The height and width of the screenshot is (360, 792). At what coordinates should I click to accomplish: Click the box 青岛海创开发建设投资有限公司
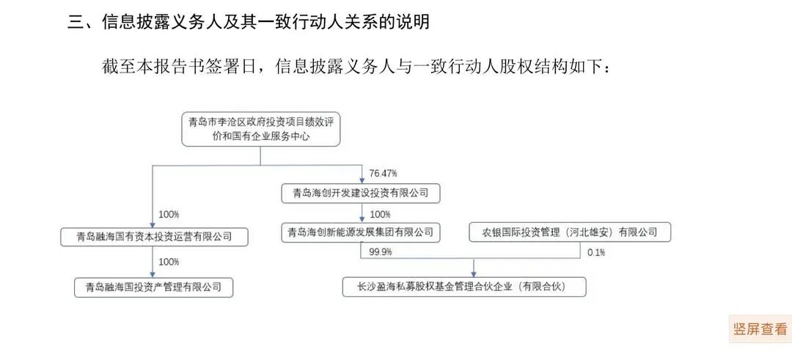(361, 194)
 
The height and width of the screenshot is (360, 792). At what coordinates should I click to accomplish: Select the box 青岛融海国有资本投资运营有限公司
(154, 237)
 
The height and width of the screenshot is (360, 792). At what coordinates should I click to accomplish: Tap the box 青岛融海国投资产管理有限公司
(154, 287)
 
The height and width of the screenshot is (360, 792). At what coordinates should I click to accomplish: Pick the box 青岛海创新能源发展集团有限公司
(361, 232)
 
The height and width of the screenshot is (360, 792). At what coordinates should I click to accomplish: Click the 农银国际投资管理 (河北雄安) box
(571, 232)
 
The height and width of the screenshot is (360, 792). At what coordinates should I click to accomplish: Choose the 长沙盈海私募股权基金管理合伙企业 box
(464, 287)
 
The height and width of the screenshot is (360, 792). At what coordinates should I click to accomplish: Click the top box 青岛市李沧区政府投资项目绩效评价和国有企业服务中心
(260, 129)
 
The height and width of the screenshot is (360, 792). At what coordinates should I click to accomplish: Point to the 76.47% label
(383, 174)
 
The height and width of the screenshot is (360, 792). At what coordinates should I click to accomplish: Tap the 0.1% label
(596, 252)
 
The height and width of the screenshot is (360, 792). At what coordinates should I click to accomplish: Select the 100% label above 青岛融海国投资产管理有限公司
(169, 262)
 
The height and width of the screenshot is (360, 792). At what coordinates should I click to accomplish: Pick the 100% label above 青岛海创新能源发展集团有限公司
(380, 213)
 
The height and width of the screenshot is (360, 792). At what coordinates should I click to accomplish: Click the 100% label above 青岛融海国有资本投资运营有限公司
(169, 214)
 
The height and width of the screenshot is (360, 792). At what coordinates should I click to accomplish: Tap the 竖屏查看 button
(760, 329)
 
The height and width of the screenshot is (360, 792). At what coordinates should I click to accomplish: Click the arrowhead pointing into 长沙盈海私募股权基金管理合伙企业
(473, 274)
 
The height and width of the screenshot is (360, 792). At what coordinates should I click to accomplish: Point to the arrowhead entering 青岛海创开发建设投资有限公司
(362, 181)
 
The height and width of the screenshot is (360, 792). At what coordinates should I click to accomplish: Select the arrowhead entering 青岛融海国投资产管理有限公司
(153, 275)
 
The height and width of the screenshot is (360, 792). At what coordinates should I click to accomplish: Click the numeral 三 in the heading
(75, 22)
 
